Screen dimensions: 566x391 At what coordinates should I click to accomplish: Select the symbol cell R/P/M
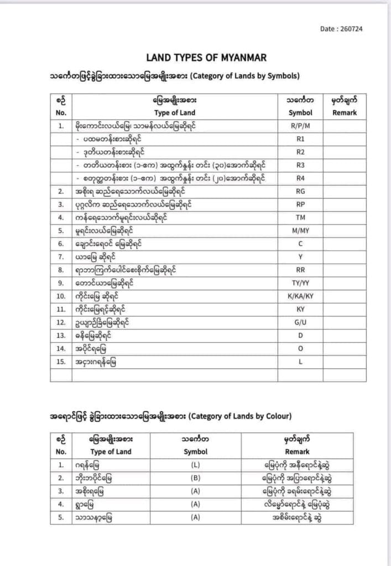300,125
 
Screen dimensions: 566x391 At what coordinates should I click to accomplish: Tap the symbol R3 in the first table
300,164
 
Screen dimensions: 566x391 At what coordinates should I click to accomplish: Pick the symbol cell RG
300,191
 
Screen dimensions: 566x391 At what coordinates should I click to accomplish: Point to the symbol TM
300,217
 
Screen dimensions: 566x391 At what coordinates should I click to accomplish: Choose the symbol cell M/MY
300,230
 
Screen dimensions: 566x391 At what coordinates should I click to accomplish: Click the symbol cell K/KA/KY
300,296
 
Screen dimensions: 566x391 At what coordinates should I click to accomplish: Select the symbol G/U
300,322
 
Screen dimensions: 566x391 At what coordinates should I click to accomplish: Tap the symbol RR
300,270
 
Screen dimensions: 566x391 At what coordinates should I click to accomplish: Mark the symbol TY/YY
300,283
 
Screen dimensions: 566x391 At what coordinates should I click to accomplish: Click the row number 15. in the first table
61,362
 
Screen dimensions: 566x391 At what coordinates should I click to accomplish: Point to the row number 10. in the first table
61,296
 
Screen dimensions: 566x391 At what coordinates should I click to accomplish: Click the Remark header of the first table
345,112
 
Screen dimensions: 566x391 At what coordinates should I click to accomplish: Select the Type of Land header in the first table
175,112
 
